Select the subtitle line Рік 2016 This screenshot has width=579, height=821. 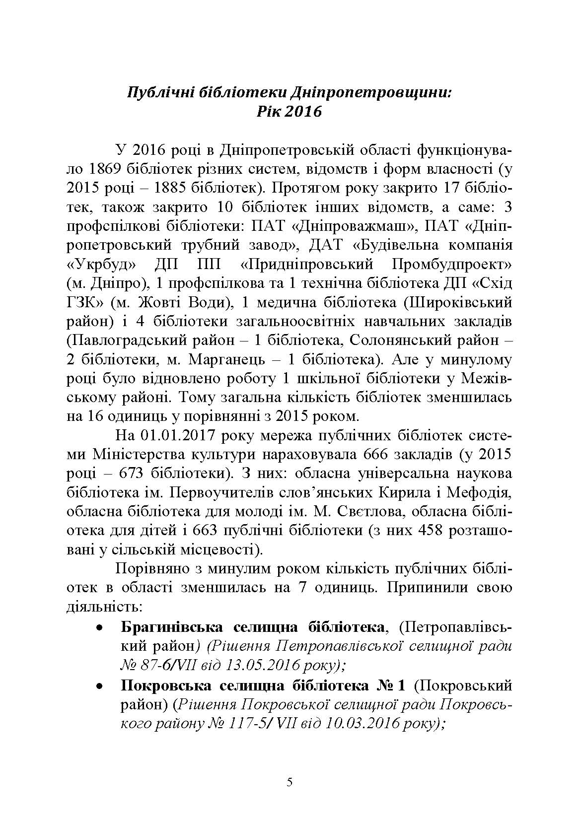click(x=289, y=111)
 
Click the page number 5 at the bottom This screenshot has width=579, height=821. click(x=289, y=783)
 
